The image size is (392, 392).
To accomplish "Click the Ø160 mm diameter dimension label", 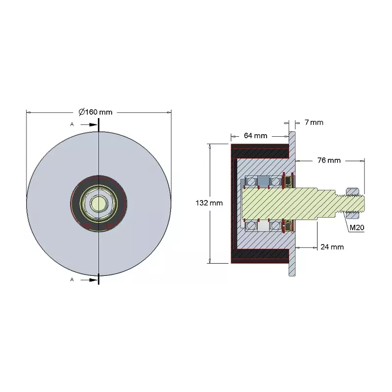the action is click(x=96, y=112).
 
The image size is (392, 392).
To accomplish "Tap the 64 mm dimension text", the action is click(x=255, y=136).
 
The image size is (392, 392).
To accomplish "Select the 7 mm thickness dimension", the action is click(x=314, y=122).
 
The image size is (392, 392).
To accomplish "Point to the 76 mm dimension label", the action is click(x=329, y=160).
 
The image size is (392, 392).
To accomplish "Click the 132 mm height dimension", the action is click(x=209, y=203).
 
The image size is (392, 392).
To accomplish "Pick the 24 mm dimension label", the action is click(x=332, y=247).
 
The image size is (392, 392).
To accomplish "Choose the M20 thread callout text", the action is click(x=357, y=227).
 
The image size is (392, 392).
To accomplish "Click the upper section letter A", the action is click(x=72, y=124).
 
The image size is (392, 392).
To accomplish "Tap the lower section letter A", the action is click(x=72, y=279).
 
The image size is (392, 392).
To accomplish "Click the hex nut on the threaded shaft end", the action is click(x=352, y=200).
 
